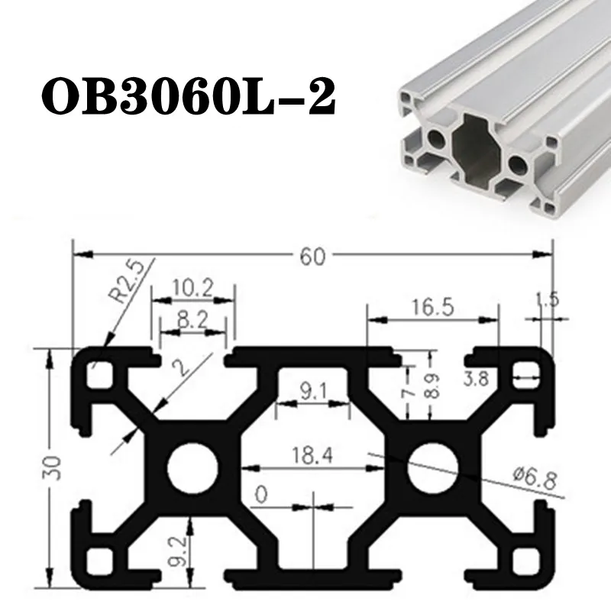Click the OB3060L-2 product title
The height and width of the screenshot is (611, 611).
click(188, 95)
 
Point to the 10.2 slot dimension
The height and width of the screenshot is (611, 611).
click(194, 289)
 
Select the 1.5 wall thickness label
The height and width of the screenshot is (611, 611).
click(547, 299)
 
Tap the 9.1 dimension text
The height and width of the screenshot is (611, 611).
click(312, 391)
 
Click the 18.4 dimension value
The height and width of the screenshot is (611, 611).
click(312, 454)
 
